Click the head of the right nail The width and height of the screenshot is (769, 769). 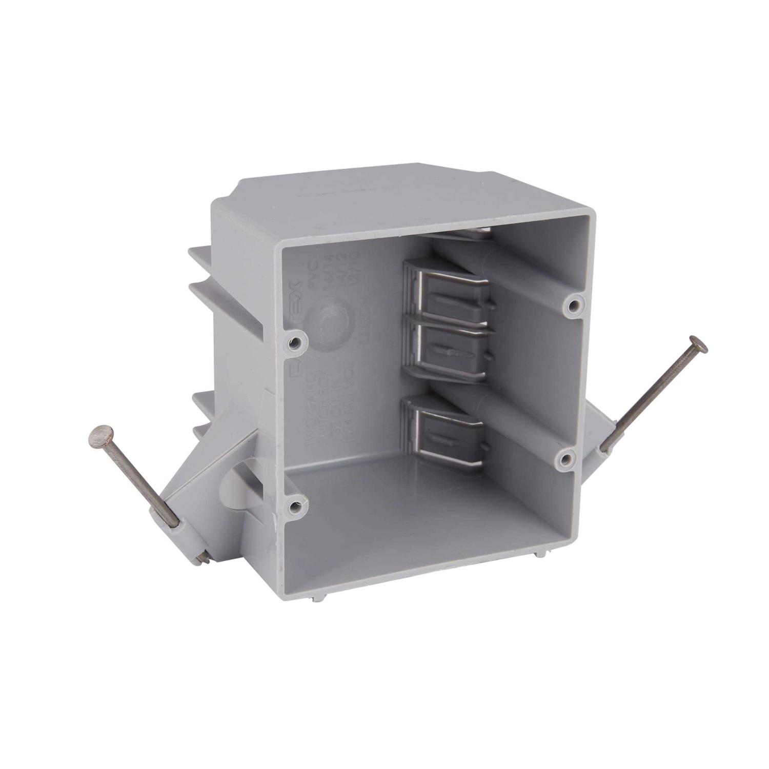tap(698, 343)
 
